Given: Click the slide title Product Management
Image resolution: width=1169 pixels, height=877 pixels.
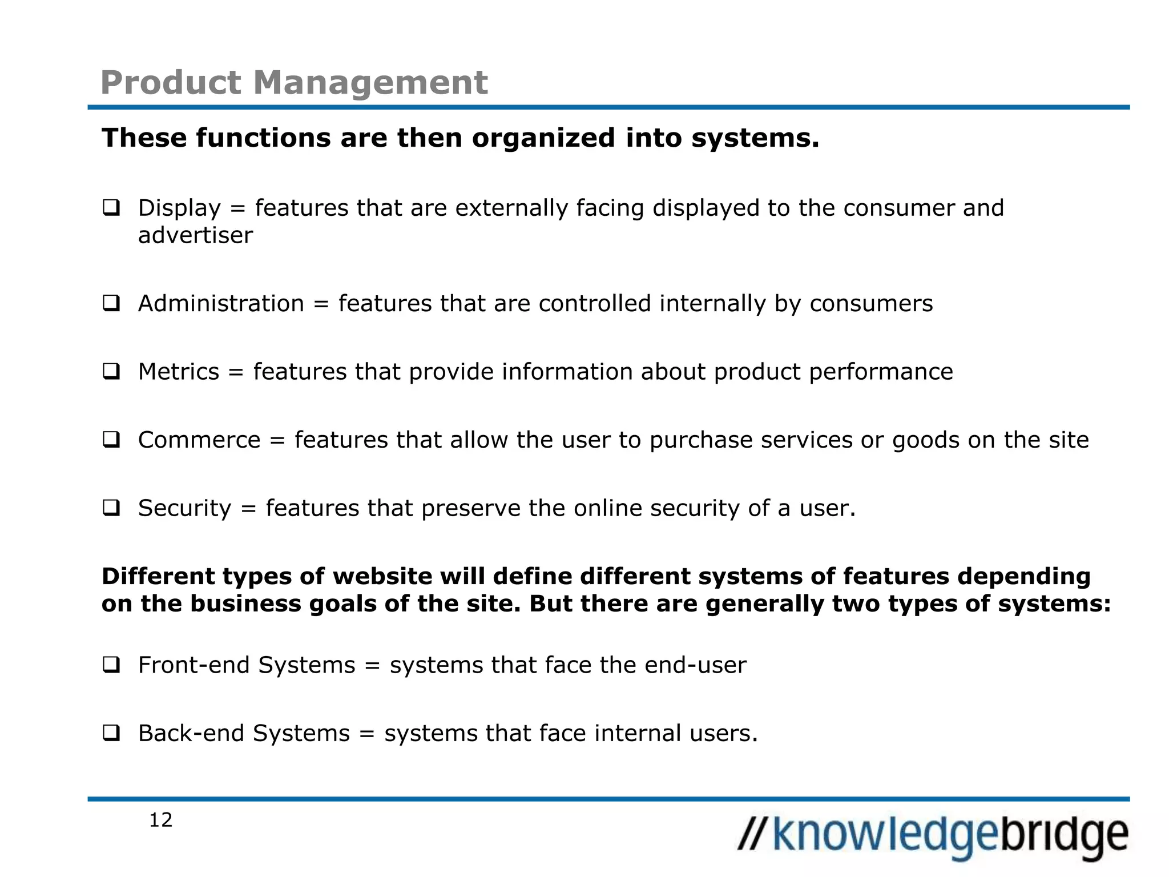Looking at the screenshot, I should pyautogui.click(x=294, y=83).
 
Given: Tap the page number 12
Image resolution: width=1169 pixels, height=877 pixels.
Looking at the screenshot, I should pyautogui.click(x=160, y=820).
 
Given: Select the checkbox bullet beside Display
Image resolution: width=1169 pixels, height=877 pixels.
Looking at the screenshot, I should pyautogui.click(x=111, y=207).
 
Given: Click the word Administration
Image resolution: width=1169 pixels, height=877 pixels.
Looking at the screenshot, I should pyautogui.click(x=221, y=303).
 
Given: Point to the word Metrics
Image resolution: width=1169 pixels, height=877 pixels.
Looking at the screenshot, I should pyautogui.click(x=179, y=372).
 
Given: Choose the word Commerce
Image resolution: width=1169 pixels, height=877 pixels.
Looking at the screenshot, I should pyautogui.click(x=199, y=440).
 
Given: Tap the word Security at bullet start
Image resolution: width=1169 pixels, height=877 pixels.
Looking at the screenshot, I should pyautogui.click(x=184, y=508).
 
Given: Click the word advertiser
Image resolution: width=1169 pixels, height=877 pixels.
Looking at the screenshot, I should pyautogui.click(x=195, y=235).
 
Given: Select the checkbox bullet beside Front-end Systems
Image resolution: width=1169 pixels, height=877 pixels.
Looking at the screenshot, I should pyautogui.click(x=111, y=665).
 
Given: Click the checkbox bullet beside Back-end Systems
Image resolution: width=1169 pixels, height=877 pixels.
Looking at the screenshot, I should pyautogui.click(x=111, y=733).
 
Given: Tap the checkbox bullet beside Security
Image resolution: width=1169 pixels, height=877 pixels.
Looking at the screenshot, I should pyautogui.click(x=111, y=508).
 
